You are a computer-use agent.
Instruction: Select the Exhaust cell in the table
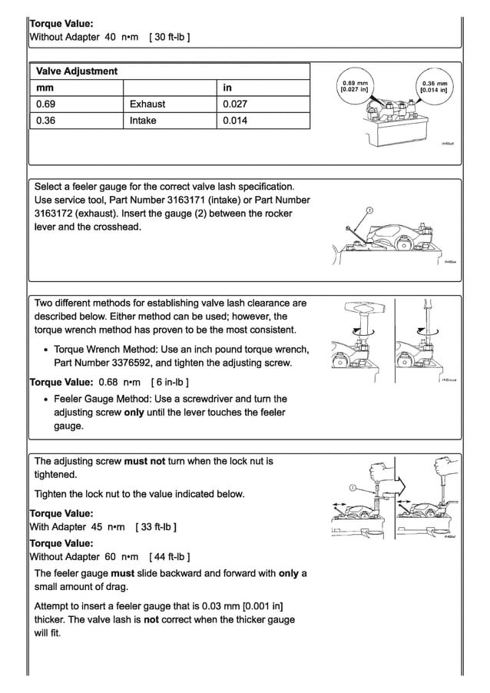147,104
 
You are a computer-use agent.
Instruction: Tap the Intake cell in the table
143,121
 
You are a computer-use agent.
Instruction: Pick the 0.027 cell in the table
235,104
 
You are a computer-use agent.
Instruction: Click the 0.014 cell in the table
235,121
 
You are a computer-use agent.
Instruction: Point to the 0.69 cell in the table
46,104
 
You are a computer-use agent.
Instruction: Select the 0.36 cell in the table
46,121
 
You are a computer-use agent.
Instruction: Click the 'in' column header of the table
227,88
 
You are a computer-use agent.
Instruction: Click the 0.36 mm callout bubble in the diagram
435,86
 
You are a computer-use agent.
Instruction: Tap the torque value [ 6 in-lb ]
171,382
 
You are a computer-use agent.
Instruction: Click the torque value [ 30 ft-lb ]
171,37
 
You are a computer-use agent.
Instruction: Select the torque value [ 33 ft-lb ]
156,527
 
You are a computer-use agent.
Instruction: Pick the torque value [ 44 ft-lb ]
169,556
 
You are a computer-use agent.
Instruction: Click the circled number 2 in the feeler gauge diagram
369,210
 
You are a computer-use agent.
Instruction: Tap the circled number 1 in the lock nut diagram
352,487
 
